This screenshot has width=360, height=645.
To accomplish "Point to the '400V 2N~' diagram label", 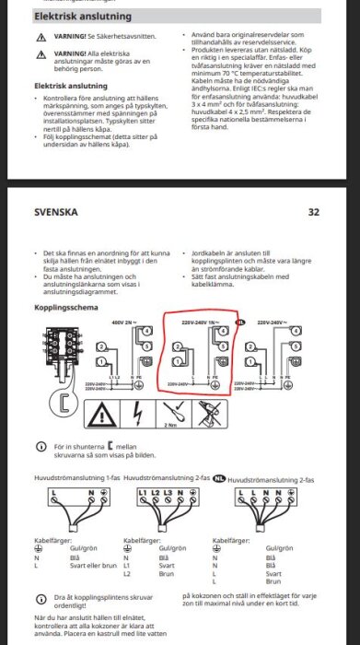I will click(123, 322).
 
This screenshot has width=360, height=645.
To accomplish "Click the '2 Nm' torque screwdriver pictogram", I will click(170, 416).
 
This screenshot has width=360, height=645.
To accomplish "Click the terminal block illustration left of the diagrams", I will click(56, 349).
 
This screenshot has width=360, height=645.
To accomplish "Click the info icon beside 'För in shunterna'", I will click(40, 446).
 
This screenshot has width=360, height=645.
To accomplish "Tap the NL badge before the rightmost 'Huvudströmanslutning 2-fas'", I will click(219, 479).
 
